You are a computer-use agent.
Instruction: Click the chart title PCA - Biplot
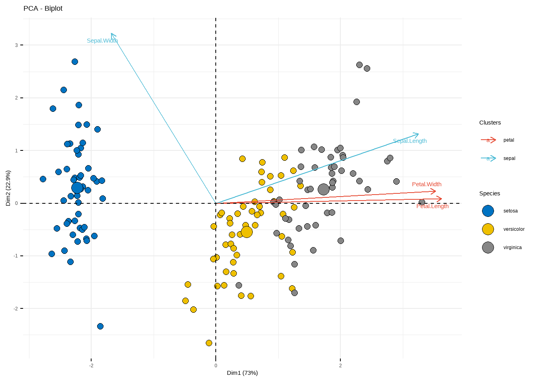coord(43,8)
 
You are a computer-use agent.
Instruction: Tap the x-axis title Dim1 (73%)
coord(242,373)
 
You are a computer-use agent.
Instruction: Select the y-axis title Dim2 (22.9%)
coord(8,188)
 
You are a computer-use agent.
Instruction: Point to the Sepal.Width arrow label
coord(102,41)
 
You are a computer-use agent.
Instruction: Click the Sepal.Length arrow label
coord(410,141)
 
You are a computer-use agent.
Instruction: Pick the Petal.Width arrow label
coord(426,184)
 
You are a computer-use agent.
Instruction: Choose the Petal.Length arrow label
coord(432,206)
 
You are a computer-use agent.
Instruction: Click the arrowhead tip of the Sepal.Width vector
coord(111,34)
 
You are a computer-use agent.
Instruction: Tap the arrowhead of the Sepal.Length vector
coord(418,134)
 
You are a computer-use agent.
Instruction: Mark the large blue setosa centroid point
coord(77,188)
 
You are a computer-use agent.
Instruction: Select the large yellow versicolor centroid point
coord(247,232)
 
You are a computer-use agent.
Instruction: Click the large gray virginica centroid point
coord(324,189)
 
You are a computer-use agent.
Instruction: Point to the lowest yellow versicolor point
coord(209,343)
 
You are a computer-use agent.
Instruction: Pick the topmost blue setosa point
coord(75,62)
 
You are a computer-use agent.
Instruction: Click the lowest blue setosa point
coord(100,326)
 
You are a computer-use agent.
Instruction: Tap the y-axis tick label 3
coord(17,45)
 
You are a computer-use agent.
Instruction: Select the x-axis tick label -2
coord(91,366)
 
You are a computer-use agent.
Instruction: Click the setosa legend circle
coord(488,211)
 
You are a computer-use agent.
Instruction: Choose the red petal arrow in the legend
coord(488,140)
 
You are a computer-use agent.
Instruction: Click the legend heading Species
coord(490,193)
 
